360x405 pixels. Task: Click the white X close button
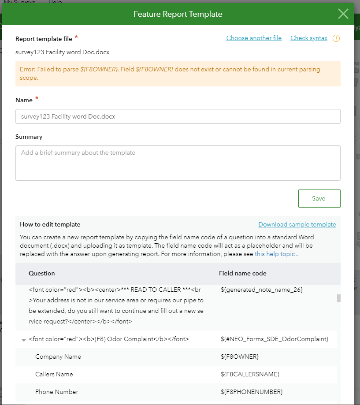(x=343, y=14)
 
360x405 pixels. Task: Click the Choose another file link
(x=254, y=38)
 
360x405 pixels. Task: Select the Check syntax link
(x=309, y=38)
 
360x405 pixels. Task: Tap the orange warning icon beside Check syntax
(x=336, y=38)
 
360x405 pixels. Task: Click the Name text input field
(x=178, y=117)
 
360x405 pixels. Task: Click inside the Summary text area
(x=178, y=163)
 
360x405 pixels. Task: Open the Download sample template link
(x=297, y=225)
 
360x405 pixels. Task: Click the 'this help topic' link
(x=275, y=254)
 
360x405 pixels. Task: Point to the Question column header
(x=42, y=273)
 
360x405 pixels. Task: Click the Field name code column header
(x=243, y=273)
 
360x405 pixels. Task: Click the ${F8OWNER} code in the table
(x=240, y=357)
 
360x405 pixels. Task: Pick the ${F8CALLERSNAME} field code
(x=250, y=374)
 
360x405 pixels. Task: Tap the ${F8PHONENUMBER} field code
(x=252, y=392)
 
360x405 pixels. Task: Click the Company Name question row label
(x=58, y=357)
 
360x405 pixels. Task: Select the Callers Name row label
(x=54, y=374)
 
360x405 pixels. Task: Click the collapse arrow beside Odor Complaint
(x=23, y=340)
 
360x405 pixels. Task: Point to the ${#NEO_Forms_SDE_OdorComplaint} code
(x=274, y=339)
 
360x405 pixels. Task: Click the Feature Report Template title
(x=178, y=14)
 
